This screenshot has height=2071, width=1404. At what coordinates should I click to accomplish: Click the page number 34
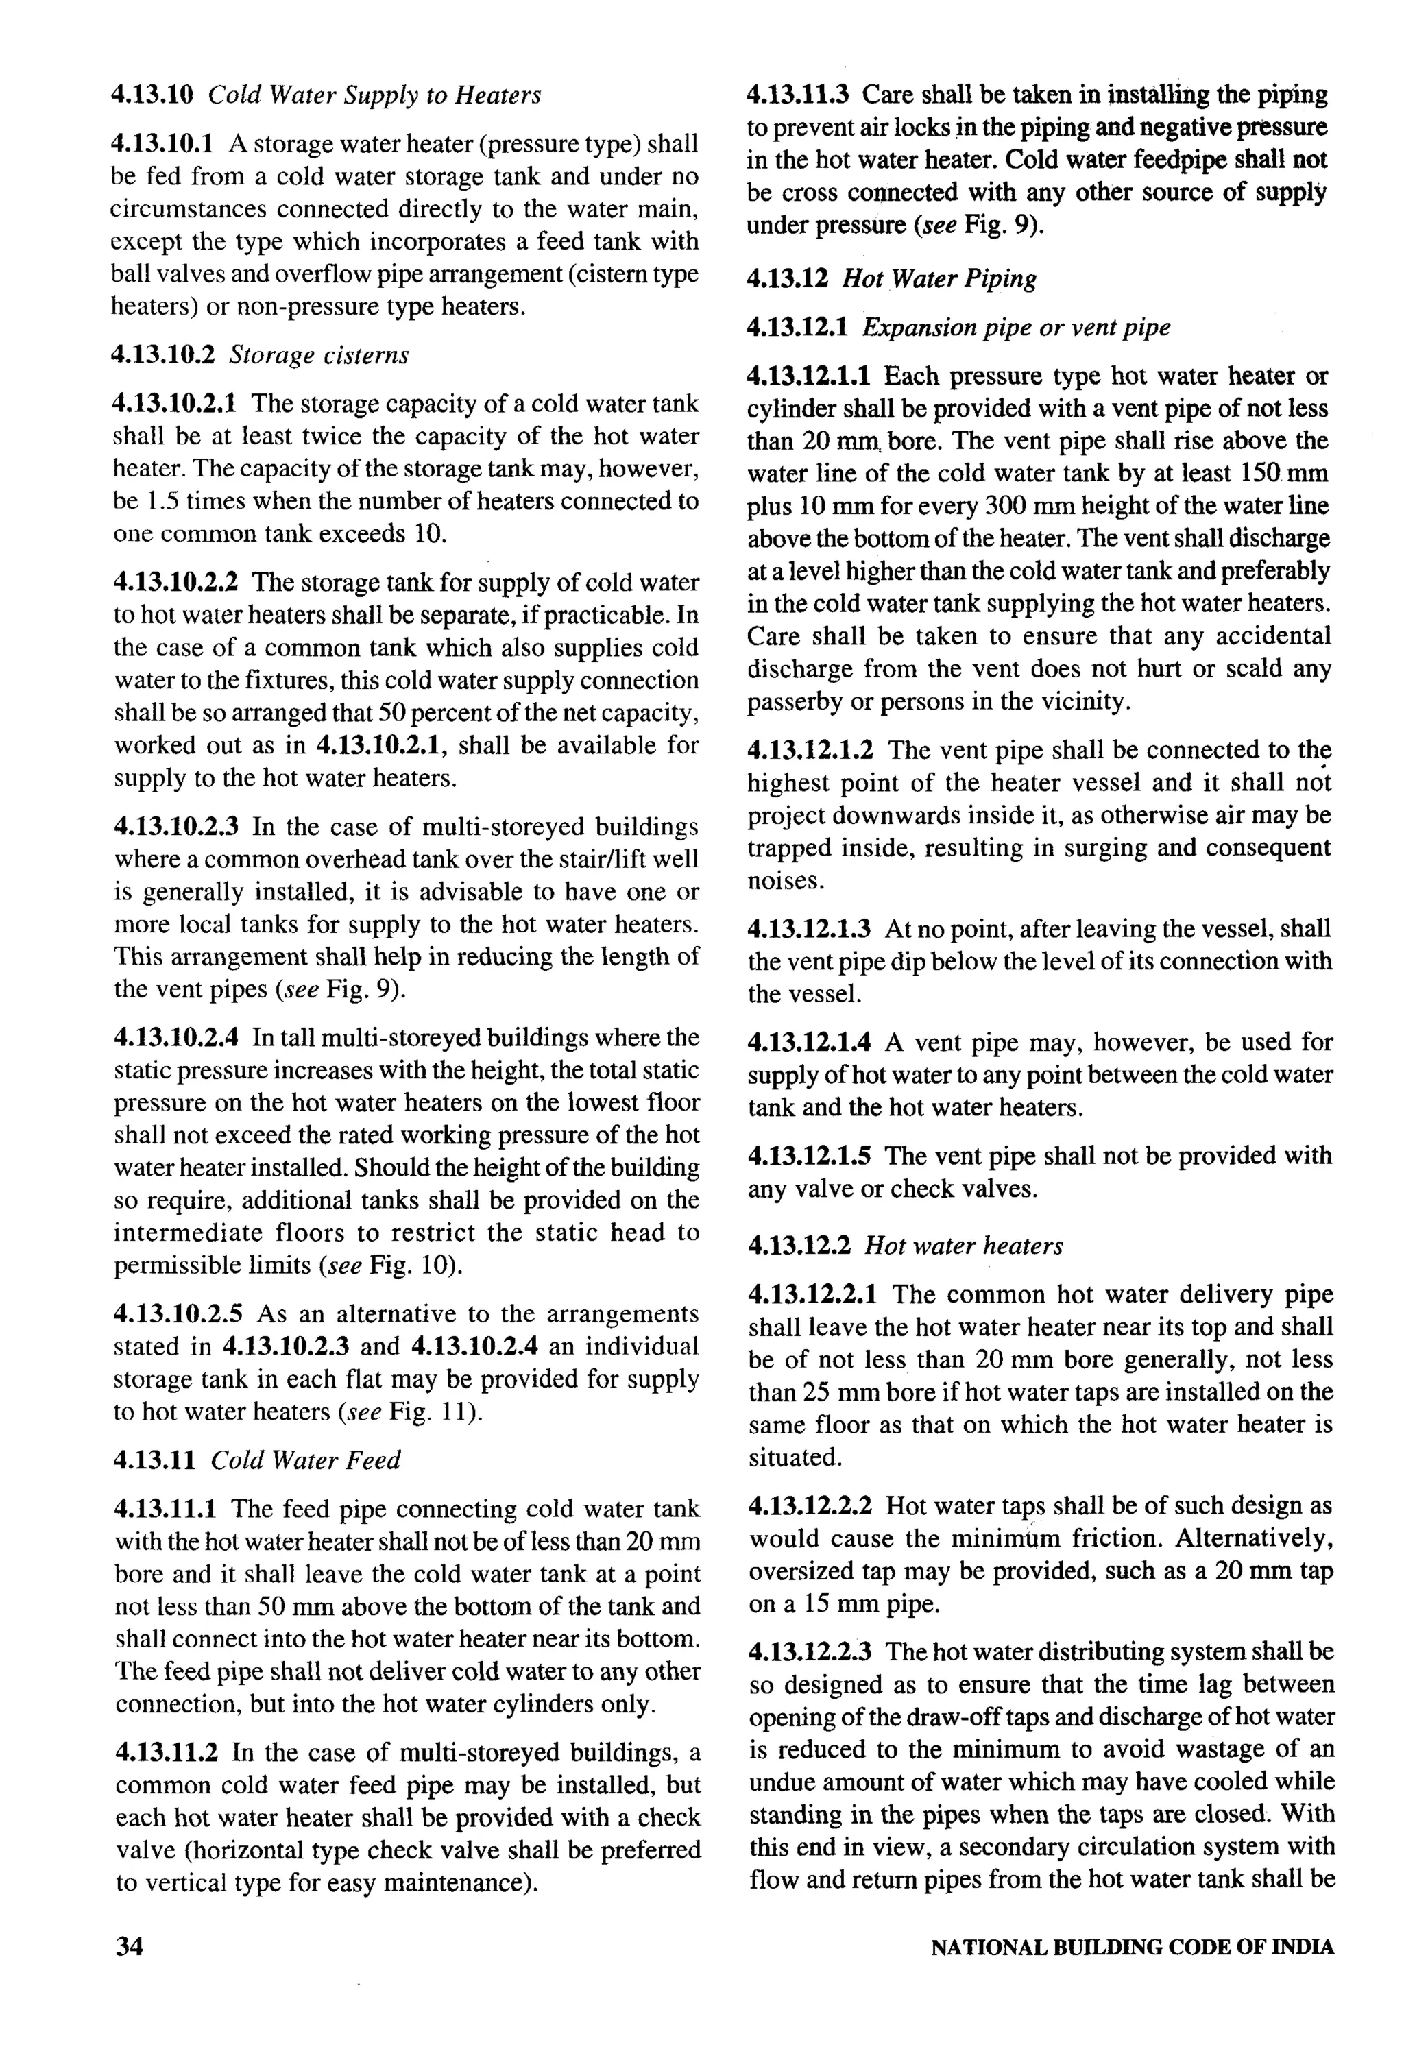pos(130,1946)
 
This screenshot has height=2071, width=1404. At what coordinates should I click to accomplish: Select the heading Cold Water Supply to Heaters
pos(374,95)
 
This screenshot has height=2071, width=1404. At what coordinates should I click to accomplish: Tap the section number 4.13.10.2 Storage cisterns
pos(163,354)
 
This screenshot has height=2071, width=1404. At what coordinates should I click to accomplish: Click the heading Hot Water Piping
pos(940,279)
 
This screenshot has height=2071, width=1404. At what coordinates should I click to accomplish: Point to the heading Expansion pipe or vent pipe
pos(1015,327)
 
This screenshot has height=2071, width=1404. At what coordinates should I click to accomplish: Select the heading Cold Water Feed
pos(306,1460)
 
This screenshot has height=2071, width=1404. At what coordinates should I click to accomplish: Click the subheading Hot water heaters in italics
pos(964,1245)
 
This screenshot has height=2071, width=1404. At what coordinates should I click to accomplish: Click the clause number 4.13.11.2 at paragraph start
pos(167,1753)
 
